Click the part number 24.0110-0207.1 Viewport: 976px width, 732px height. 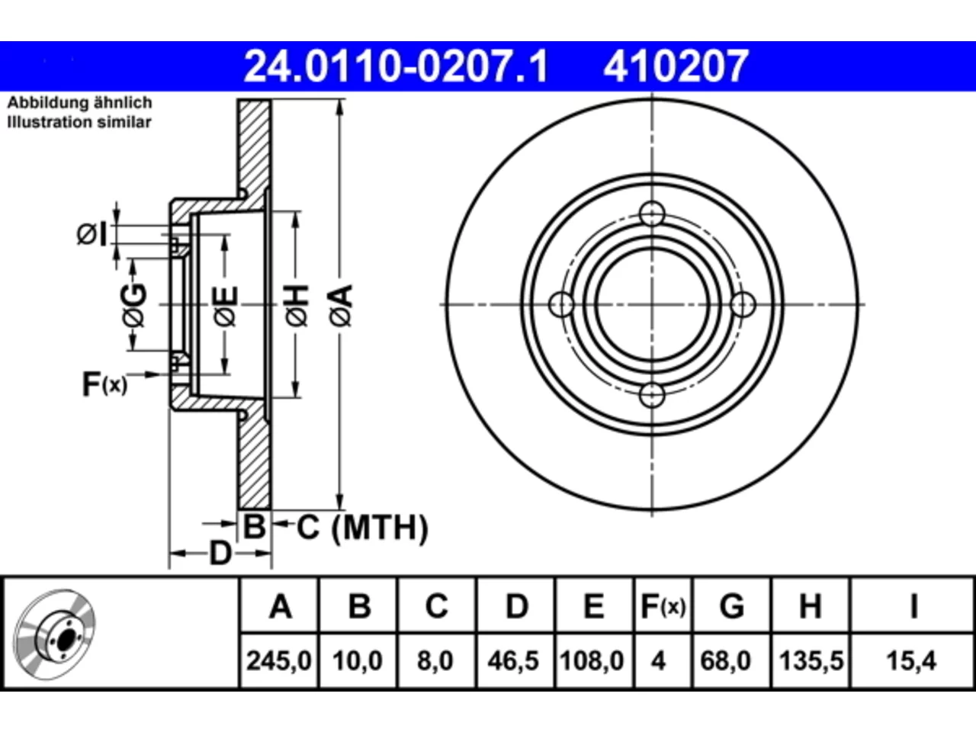[396, 66]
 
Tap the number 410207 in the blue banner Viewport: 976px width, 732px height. [676, 66]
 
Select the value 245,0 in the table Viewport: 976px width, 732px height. [279, 660]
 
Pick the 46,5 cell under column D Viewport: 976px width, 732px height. [513, 660]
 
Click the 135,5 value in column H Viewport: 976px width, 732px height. [811, 660]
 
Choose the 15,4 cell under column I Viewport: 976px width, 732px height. [911, 660]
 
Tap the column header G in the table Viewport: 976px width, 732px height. [732, 606]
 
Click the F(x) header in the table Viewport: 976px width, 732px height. [663, 606]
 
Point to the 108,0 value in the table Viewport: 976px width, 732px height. [592, 660]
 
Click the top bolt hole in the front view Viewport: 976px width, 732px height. [652, 213]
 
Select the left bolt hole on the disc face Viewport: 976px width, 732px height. [562, 304]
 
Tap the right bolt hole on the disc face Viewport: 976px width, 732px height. [743, 304]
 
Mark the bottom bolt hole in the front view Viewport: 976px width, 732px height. [652, 395]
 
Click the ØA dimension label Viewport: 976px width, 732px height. [341, 306]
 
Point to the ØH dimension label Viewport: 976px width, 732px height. [297, 306]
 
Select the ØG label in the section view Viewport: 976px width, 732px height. [134, 305]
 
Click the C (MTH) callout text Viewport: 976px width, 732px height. [362, 528]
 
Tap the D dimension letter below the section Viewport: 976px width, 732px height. [220, 554]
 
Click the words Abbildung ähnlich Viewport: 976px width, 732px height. [79, 103]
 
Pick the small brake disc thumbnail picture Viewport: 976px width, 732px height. [55, 635]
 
